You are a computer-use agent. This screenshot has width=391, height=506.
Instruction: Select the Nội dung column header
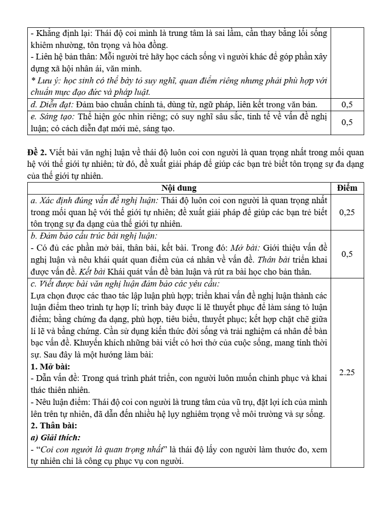(x=179, y=188)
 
